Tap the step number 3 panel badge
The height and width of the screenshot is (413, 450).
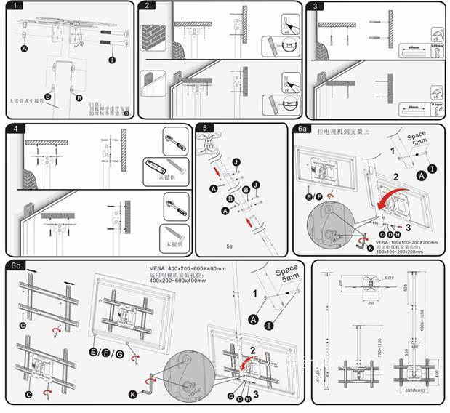pos(314,6)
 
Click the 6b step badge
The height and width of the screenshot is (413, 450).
pos(16,266)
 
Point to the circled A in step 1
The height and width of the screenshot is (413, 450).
pos(25,48)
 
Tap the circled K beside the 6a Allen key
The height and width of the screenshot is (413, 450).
pos(370,247)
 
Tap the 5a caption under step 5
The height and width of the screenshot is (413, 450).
pos(230,246)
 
